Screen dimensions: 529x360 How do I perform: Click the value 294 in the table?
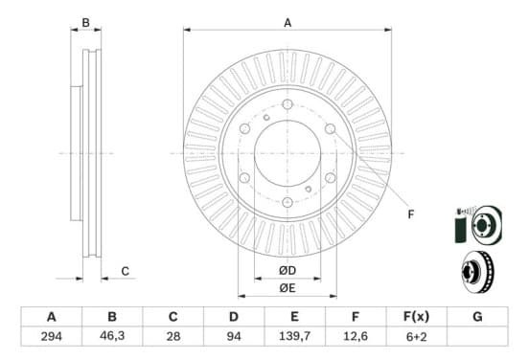point(52,336)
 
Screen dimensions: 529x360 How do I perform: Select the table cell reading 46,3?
point(112,336)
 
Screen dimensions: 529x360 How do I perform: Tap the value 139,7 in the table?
point(294,336)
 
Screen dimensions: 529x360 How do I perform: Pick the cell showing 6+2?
point(416,336)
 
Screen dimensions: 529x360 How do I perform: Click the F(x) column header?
point(416,317)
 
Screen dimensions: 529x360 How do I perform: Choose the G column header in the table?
point(477,317)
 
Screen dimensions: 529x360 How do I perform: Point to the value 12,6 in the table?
point(356,336)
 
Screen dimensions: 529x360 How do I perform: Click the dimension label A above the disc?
point(287,23)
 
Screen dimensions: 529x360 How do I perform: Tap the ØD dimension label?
point(287,270)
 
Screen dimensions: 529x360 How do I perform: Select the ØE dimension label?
point(287,288)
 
